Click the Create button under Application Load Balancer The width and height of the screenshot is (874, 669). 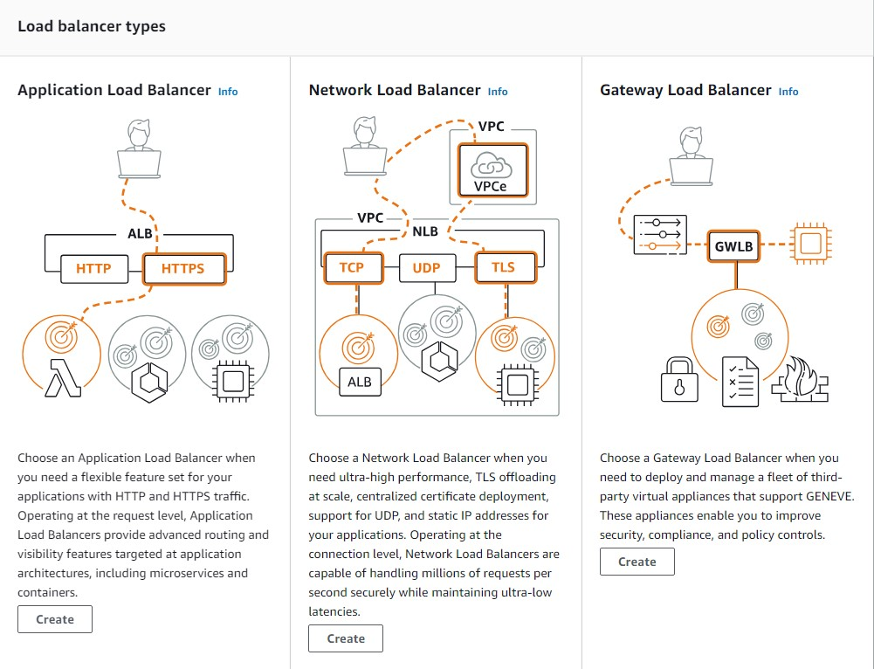pos(55,619)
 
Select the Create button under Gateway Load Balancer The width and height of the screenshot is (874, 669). pos(637,562)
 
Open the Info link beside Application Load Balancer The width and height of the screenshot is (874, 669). pos(228,92)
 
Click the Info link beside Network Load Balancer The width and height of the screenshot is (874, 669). pos(498,92)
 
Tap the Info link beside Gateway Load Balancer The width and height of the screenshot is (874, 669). pos(788,92)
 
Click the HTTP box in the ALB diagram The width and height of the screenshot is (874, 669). pos(93,268)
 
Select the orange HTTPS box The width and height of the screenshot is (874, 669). pos(182,268)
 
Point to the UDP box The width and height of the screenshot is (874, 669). pos(426,267)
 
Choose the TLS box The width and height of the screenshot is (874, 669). pos(503,267)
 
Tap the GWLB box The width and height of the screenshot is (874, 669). pos(734,245)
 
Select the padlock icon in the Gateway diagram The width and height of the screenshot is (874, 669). pos(679,380)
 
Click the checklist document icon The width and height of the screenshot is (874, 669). pos(740,382)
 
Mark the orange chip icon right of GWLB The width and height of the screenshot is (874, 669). pos(809,245)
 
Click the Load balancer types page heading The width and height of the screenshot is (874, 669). pos(92,26)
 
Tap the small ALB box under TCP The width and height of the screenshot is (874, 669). pos(360,382)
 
